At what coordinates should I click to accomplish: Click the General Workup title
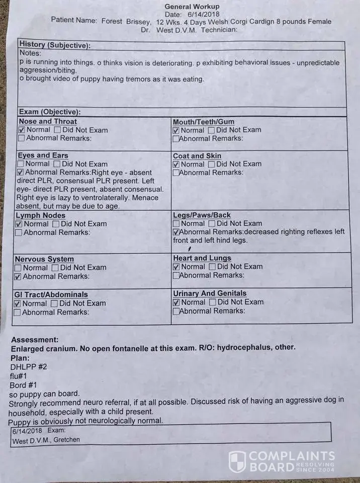click(192, 7)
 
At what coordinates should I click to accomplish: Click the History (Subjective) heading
click(55, 45)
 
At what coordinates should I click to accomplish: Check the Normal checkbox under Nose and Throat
click(22, 130)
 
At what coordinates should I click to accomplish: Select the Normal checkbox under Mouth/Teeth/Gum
click(176, 130)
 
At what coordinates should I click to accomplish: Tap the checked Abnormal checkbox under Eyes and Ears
click(21, 173)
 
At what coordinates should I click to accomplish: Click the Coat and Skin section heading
click(197, 156)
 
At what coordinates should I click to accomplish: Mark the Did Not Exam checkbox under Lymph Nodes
click(56, 224)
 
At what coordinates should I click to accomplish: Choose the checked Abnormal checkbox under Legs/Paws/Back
click(176, 232)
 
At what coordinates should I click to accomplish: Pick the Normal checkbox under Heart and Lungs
click(176, 267)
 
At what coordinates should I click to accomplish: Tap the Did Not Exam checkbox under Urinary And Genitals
click(212, 302)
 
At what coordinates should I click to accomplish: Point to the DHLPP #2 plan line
click(29, 367)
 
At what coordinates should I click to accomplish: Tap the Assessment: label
click(35, 340)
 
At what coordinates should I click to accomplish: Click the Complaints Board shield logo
click(237, 461)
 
